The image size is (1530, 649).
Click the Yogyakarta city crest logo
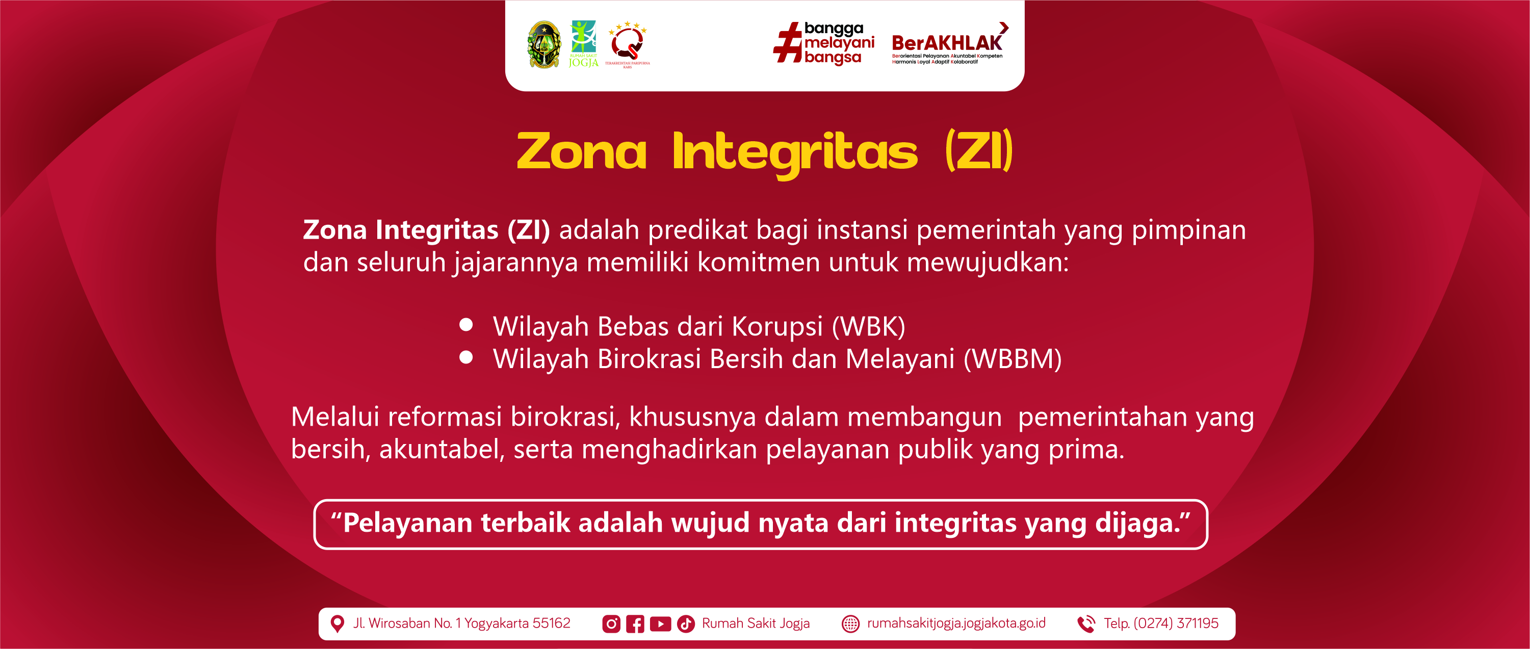[x=543, y=44]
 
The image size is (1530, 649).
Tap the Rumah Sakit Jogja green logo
[x=583, y=44]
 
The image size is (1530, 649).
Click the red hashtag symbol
[x=788, y=42]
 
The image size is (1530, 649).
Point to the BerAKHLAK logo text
[x=947, y=43]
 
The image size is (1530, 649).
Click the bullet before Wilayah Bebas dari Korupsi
[x=466, y=324]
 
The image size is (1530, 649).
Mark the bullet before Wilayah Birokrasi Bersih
[x=466, y=357]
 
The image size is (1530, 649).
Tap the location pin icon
[x=337, y=624]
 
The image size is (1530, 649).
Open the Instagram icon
[x=611, y=624]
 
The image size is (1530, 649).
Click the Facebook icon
[x=635, y=624]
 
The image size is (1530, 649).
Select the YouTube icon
[x=660, y=624]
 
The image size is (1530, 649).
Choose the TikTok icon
[x=686, y=624]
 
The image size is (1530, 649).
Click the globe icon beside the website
[x=850, y=624]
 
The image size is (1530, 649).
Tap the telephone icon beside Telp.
[x=1086, y=624]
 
